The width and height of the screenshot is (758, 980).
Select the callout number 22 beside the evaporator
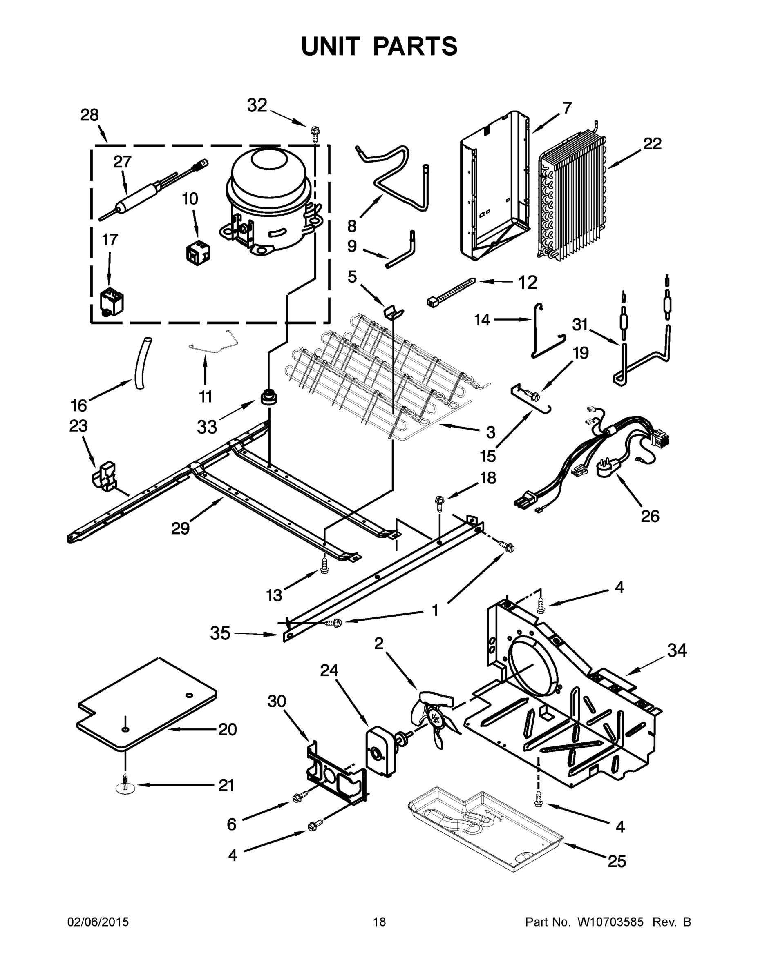click(x=652, y=144)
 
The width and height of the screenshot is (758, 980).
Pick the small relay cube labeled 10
click(x=198, y=254)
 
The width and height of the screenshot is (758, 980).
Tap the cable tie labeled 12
click(x=451, y=292)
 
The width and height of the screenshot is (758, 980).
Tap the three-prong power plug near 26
click(x=607, y=470)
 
